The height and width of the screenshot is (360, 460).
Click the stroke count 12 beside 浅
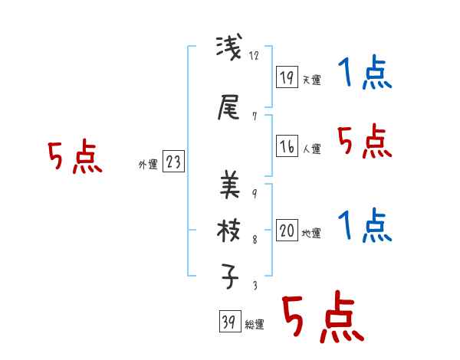pyautogui.click(x=255, y=56)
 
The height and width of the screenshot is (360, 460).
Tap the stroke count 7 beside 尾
pyautogui.click(x=254, y=116)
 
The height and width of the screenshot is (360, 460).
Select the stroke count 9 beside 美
pyautogui.click(x=254, y=192)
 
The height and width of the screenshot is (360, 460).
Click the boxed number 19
pyautogui.click(x=287, y=77)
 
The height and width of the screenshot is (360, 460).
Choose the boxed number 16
pyautogui.click(x=287, y=146)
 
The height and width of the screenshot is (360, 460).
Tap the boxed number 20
pyautogui.click(x=287, y=231)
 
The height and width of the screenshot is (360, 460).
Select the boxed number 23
pyautogui.click(x=173, y=162)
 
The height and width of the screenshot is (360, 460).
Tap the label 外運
pyautogui.click(x=147, y=164)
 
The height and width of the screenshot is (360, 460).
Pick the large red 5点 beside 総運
pyautogui.click(x=321, y=319)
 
